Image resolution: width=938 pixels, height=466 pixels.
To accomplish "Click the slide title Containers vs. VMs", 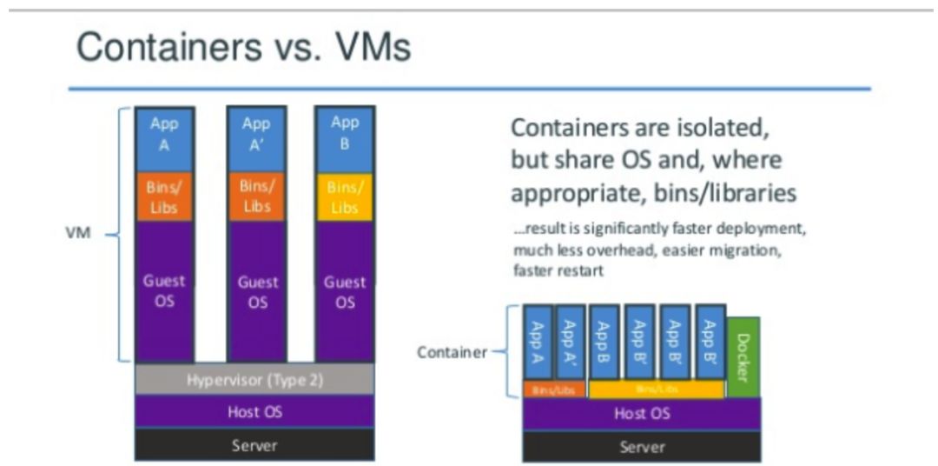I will (x=243, y=48).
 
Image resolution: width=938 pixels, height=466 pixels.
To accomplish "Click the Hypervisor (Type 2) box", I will (x=254, y=379).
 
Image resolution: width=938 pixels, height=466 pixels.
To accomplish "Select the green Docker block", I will (x=743, y=356).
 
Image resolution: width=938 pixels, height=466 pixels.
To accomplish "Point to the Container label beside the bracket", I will (x=452, y=352).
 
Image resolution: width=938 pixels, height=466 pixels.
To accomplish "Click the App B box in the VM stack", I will (x=345, y=135).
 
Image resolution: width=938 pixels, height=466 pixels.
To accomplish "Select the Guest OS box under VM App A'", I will (x=256, y=291).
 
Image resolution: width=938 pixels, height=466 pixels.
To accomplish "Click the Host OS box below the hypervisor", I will (x=254, y=411).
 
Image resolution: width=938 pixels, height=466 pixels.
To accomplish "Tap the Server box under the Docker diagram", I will (x=642, y=446).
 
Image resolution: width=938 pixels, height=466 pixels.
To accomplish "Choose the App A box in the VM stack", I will (x=164, y=135).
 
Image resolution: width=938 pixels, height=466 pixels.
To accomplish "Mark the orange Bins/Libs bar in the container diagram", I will (x=552, y=389).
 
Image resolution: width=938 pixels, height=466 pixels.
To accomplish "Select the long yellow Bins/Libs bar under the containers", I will (x=656, y=389).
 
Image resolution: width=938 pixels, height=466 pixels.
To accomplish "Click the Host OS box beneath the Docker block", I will (x=642, y=413).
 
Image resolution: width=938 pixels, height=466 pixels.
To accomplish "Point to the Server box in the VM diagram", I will (x=254, y=445).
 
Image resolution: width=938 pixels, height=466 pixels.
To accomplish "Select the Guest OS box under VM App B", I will (x=345, y=291).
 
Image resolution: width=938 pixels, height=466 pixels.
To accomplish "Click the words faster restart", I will (x=558, y=271).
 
